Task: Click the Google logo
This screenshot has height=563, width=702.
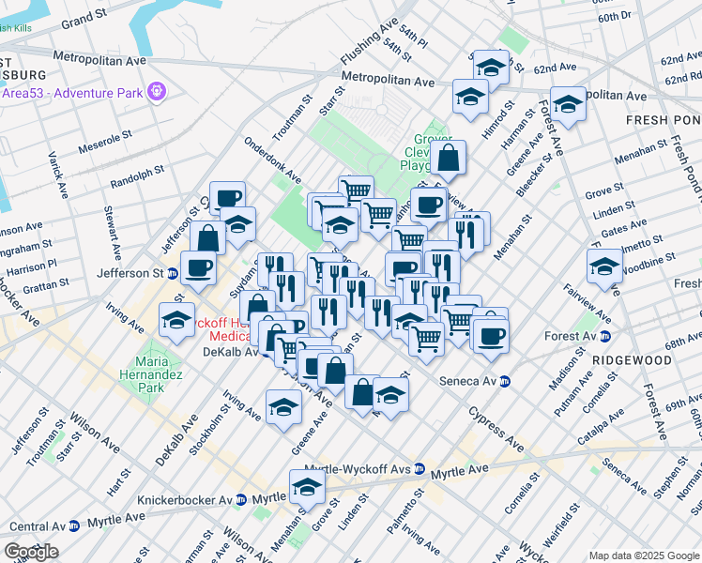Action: tap(31, 552)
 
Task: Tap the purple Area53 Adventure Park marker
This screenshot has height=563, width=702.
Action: tap(156, 92)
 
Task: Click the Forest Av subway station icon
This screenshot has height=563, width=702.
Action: tap(606, 336)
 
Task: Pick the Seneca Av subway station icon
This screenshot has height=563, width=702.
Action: tap(505, 381)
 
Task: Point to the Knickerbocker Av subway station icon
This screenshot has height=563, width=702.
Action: tap(241, 500)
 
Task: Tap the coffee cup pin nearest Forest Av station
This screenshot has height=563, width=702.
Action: tap(489, 335)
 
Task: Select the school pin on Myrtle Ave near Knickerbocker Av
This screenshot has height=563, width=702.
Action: tap(306, 486)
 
